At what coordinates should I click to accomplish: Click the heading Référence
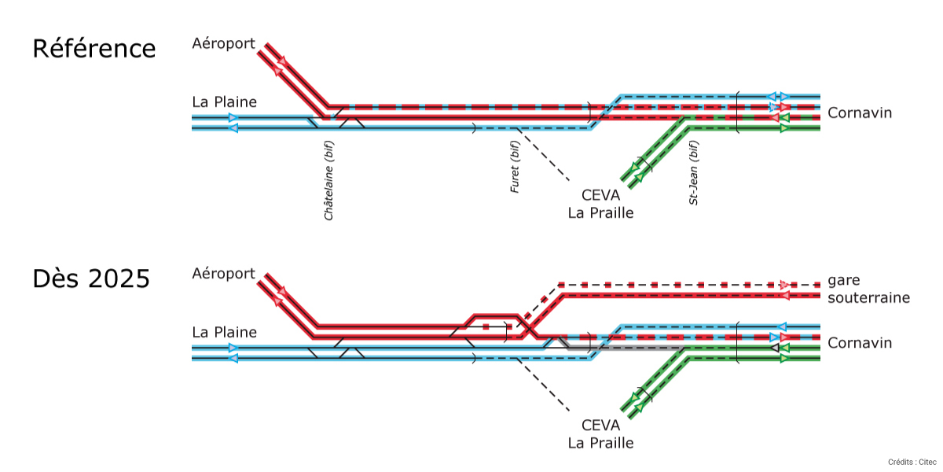point(94,49)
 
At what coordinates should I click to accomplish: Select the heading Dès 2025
point(91,278)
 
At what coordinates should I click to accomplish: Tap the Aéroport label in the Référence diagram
point(224,44)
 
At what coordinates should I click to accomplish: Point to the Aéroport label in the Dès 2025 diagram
point(224,274)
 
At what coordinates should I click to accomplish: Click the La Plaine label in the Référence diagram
point(224,102)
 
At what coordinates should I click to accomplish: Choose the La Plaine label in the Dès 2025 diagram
point(224,332)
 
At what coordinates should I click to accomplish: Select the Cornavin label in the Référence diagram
point(860,113)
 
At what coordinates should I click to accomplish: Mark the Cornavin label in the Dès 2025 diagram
point(860,343)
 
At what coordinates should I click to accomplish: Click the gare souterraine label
point(868,289)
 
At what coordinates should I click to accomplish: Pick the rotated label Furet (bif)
point(515,167)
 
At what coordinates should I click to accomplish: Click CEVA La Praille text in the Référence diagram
point(600,204)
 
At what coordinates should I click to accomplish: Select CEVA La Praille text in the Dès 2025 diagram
point(600,433)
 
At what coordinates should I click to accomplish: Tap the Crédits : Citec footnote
point(912,462)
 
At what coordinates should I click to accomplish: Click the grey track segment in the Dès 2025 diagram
point(629,347)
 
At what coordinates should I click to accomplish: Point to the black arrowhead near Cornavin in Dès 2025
point(775,348)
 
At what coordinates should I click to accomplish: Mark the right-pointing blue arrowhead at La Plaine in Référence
point(233,117)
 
